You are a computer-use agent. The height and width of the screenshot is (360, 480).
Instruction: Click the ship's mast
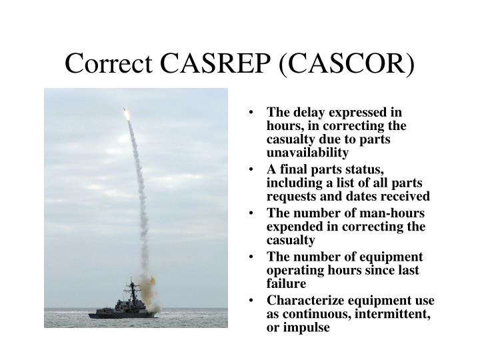tap(131, 288)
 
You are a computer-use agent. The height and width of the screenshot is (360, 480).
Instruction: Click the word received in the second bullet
tap(407, 196)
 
